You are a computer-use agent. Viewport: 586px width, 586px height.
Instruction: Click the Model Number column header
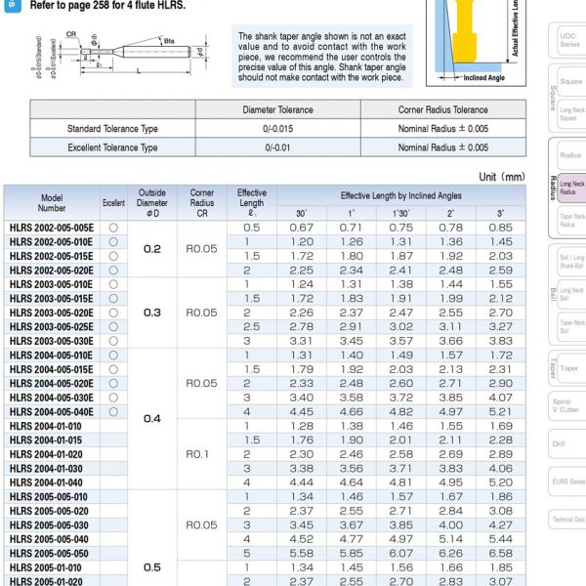pyautogui.click(x=52, y=202)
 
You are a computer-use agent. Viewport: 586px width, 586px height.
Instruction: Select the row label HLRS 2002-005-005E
pyautogui.click(x=52, y=228)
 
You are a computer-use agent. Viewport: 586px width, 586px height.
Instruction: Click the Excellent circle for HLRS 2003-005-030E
pyautogui.click(x=113, y=341)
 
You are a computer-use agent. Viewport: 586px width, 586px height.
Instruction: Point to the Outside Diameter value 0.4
pyautogui.click(x=152, y=418)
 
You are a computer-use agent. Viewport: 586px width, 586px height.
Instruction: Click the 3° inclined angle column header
pyautogui.click(x=500, y=213)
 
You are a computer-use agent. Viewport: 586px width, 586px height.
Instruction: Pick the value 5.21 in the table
pyautogui.click(x=500, y=411)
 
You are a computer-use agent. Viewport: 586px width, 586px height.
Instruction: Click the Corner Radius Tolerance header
pyautogui.click(x=443, y=110)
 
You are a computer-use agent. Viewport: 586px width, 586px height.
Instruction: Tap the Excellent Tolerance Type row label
pyautogui.click(x=112, y=147)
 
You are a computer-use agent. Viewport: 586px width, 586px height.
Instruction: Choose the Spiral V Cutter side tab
pyautogui.click(x=566, y=405)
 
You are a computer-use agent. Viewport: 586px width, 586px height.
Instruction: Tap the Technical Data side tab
pyautogui.click(x=568, y=520)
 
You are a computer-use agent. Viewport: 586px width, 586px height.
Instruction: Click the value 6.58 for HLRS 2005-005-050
pyautogui.click(x=500, y=553)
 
